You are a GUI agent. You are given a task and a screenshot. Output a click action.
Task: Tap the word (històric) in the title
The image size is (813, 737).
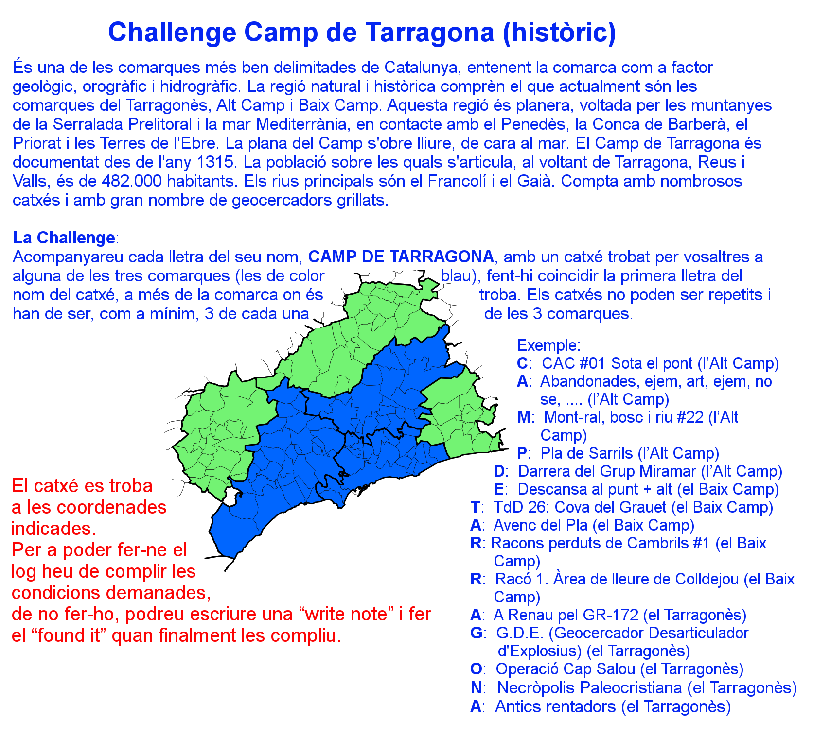pos(559,32)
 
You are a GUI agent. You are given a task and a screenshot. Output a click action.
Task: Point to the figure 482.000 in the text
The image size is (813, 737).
pos(132,181)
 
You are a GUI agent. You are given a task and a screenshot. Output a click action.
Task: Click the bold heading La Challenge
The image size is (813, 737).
pos(64,238)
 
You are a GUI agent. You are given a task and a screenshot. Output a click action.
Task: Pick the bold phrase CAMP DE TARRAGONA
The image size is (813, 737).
pos(401,257)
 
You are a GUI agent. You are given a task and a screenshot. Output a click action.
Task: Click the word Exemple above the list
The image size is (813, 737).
pos(547,345)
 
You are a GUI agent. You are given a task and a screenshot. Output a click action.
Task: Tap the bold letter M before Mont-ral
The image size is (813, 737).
pos(524,417)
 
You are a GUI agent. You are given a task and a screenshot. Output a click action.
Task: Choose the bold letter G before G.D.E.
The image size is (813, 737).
pos(477,633)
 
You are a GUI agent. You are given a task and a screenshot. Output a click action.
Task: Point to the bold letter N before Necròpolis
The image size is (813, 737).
pos(476,687)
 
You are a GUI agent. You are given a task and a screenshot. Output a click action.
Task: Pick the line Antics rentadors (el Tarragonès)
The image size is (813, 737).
pos(613,706)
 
